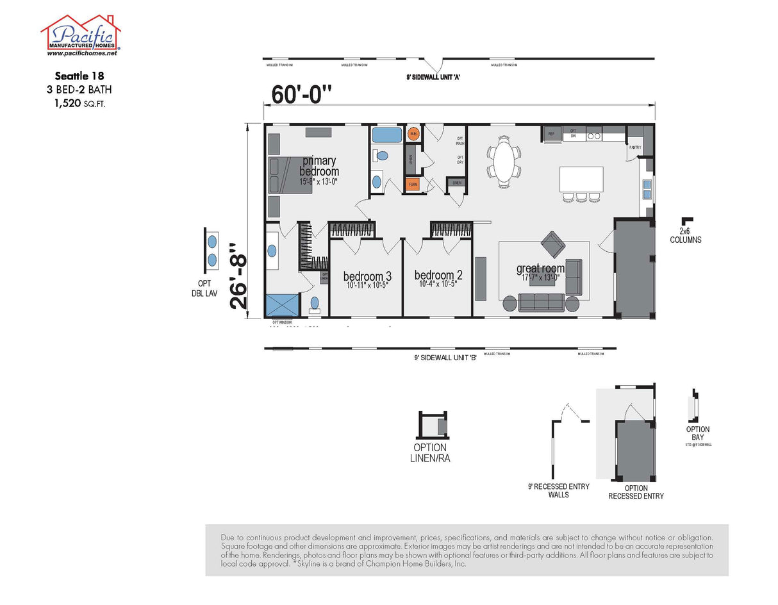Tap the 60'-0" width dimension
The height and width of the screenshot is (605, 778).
(302, 94)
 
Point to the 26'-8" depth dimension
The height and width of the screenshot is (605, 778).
(240, 276)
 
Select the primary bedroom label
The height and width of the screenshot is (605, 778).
(319, 167)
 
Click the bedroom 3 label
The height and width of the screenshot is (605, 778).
(367, 276)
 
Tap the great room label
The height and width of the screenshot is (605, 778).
(540, 269)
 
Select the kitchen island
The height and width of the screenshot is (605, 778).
(581, 179)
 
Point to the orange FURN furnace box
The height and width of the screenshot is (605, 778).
(413, 185)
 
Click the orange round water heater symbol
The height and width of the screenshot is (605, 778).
(413, 134)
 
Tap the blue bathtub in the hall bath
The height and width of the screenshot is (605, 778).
(387, 135)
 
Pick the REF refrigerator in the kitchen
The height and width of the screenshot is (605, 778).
(551, 134)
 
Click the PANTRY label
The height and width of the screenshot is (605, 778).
(634, 147)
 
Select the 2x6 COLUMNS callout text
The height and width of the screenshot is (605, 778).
(686, 236)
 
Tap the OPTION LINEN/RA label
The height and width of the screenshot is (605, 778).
(429, 452)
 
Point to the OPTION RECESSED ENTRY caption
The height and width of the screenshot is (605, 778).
(636, 492)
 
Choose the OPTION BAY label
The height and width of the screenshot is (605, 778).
(697, 433)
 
